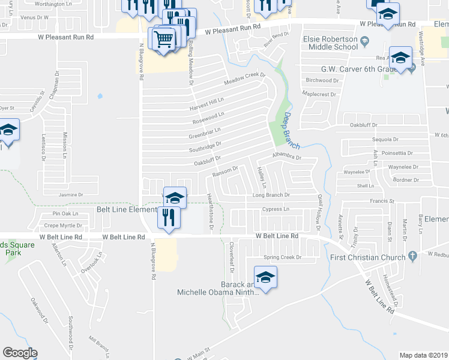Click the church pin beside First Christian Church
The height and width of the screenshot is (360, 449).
pos(412,256)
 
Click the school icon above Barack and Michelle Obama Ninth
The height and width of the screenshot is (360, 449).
pos(264,278)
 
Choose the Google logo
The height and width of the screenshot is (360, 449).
pos(20,353)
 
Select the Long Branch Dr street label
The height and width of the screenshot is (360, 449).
pos(271,195)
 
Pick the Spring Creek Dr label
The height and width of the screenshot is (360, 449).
pos(277,257)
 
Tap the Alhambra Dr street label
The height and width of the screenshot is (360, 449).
pos(285,157)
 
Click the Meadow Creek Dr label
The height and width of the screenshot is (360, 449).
pos(244,78)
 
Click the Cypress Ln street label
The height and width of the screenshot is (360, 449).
pos(276,209)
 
